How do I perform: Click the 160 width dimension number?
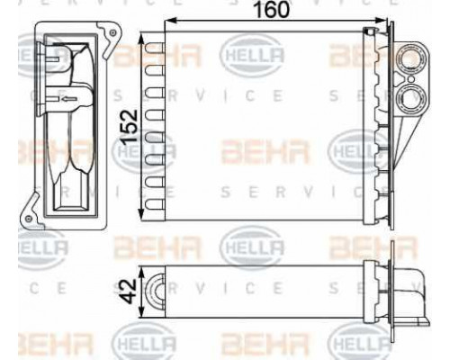coord(272,9)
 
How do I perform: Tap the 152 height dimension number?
coord(129,126)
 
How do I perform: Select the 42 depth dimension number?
coord(130,291)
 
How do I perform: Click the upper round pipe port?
coord(409,58)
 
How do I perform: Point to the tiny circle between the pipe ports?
coord(411,79)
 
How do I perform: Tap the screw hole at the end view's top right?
coord(112,32)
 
